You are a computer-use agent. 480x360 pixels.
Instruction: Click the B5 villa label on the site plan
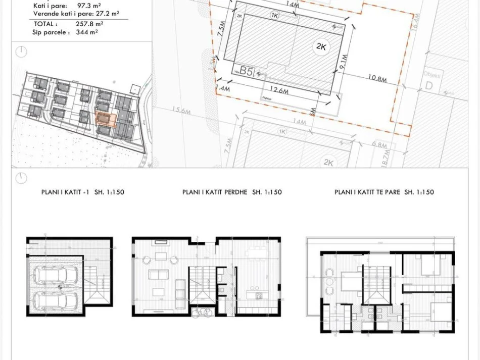coord(246,71)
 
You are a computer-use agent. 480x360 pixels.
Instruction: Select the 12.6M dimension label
coord(278,91)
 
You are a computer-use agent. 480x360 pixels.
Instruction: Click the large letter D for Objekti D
coord(429,86)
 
